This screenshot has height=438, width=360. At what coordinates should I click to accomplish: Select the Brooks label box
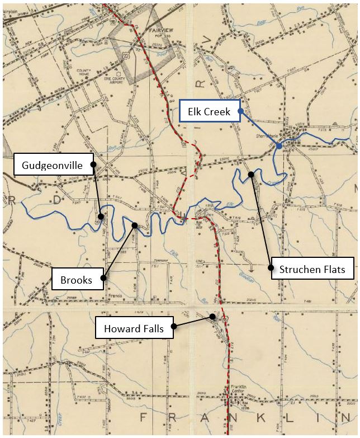coord(78,279)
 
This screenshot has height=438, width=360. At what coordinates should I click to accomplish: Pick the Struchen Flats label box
coord(312,269)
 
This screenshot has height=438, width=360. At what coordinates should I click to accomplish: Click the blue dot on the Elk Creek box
coord(240,111)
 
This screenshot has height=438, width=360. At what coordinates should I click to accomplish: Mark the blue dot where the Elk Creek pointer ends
coord(279,146)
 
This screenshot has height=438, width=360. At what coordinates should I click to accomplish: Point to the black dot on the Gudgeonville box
coord(93,164)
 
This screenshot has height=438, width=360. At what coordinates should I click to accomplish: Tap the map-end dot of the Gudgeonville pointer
coord(101,216)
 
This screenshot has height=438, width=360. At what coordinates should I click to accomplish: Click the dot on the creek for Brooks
coord(135,225)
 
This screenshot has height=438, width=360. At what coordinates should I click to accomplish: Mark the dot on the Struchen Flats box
coord(271,268)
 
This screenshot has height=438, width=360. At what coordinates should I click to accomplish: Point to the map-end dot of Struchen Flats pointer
coord(252,174)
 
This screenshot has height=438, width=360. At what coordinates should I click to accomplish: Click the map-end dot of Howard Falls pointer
coord(213,317)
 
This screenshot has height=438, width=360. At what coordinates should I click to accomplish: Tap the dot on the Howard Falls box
coord(174,326)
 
